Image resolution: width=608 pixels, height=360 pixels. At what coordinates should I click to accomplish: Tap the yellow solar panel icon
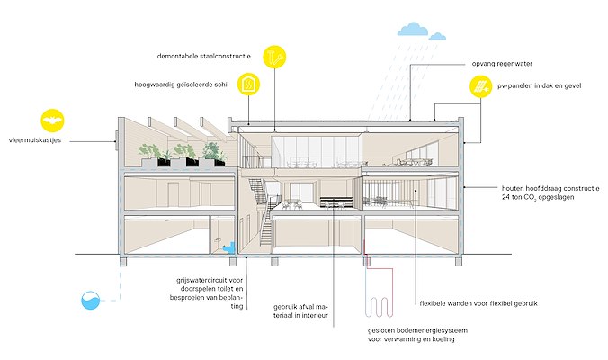pyautogui.click(x=480, y=87)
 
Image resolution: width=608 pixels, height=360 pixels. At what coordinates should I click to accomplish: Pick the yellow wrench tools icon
pyautogui.click(x=273, y=57)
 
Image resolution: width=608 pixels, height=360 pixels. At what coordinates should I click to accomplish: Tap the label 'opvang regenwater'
pyautogui.click(x=500, y=65)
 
